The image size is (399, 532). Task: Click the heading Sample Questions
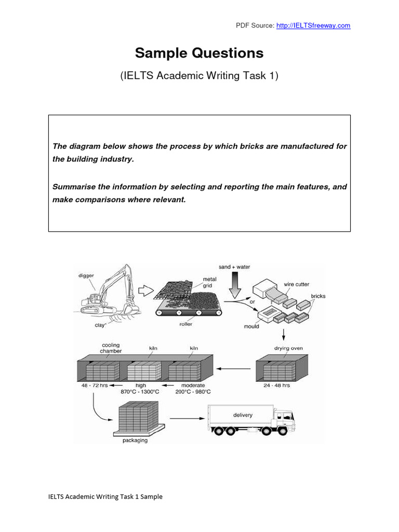(199, 53)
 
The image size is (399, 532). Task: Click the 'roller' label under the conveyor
(186, 324)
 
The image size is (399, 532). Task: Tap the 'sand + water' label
(234, 267)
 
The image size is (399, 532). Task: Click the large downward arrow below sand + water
(234, 285)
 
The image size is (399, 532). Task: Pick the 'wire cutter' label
(296, 285)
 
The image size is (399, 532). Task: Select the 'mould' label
(251, 327)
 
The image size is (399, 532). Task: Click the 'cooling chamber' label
(112, 348)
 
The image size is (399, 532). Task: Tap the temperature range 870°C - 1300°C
(140, 392)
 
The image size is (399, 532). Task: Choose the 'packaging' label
(135, 441)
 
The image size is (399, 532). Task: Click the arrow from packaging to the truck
(185, 417)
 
